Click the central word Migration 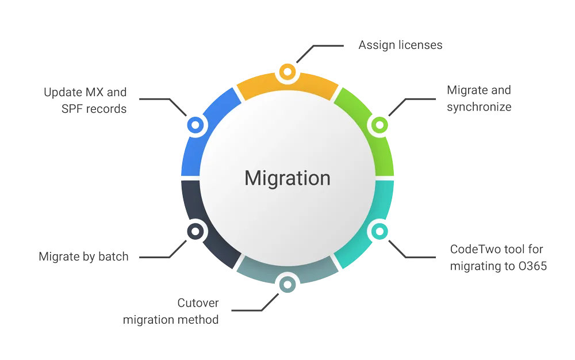click(x=287, y=178)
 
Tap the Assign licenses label click(x=401, y=45)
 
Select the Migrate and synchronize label click(x=479, y=98)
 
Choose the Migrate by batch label click(x=83, y=256)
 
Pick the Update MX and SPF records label click(x=85, y=100)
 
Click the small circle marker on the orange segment click(x=286, y=72)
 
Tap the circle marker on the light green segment click(x=379, y=124)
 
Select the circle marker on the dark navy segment click(x=195, y=231)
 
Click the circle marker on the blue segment click(x=195, y=124)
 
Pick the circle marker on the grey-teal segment click(x=286, y=283)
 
